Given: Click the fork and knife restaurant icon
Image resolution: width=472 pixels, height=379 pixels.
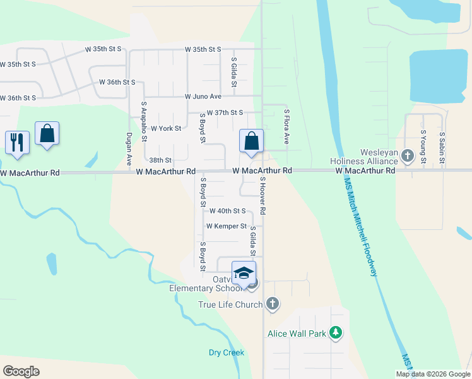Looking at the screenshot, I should coord(17,141).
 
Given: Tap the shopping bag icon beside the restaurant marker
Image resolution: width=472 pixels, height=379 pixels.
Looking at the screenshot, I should coord(47,134).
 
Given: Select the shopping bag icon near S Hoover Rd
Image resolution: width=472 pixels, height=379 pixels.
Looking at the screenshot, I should coord(251,141).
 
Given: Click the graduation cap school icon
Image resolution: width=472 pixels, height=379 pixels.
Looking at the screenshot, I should coord(244,274).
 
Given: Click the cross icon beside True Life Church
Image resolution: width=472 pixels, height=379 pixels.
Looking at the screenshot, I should coord(273,304).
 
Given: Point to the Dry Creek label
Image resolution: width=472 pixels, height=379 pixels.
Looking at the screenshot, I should coord(227,352).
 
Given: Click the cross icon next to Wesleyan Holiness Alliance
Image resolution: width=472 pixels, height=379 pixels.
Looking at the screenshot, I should coord(408,155).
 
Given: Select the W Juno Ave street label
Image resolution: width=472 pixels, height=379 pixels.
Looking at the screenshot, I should coord(203,97).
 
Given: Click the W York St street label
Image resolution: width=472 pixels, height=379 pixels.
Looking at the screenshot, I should coord(167,128).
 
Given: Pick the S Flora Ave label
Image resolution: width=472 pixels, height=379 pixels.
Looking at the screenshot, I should coord(286,126).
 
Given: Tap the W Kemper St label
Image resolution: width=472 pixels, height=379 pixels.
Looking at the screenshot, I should coord(226,226).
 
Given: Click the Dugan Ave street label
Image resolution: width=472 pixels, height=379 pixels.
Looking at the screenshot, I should coord(129,152).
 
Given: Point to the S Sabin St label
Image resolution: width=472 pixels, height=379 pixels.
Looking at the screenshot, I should coord(442,148).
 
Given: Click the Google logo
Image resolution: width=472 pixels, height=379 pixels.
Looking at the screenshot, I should coord(21,371).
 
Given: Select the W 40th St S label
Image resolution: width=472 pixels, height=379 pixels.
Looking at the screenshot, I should coord(227,210).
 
